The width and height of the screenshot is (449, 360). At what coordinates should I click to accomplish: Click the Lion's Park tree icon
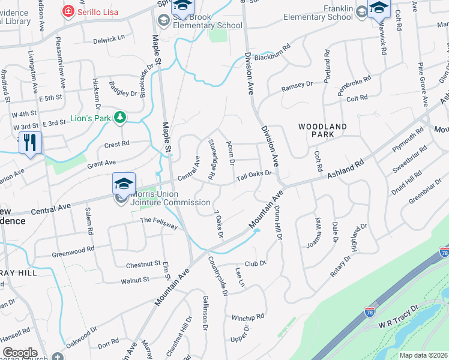coord(120,118)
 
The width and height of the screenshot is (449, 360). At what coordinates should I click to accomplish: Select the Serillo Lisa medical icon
coord(68,11)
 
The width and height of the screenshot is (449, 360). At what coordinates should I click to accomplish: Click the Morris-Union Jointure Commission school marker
coord(124,183)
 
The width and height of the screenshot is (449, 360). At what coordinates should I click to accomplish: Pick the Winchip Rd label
coord(249,317)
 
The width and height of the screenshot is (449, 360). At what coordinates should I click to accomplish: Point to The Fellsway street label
coord(158,223)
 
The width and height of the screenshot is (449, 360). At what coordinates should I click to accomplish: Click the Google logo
coord(20,353)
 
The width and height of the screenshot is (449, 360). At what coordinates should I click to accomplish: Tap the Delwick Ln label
coord(109,38)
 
